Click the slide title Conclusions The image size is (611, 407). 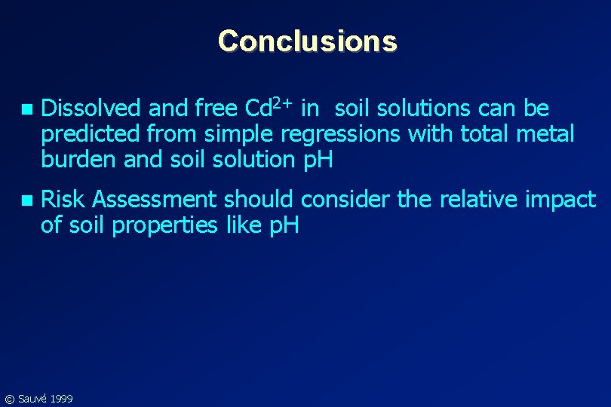[307, 41]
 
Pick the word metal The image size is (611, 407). [548, 136]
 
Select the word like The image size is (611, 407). [245, 225]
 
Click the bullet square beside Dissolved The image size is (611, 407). [28, 110]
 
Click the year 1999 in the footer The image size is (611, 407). [61, 398]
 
